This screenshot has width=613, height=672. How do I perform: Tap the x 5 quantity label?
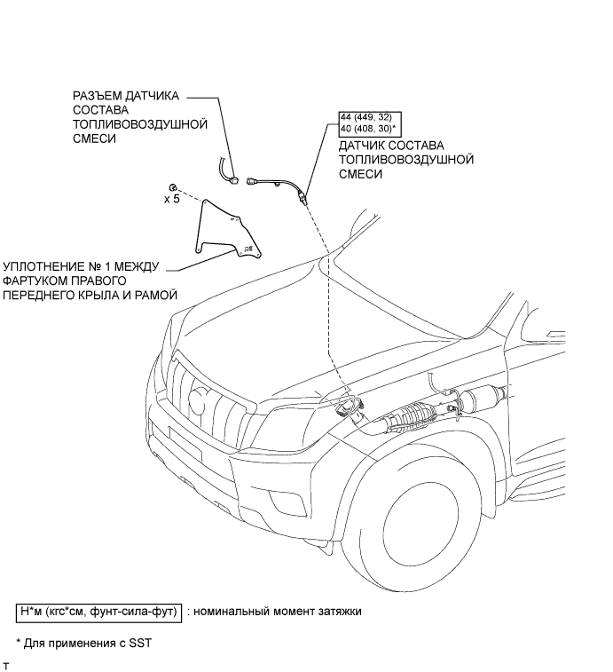(171, 200)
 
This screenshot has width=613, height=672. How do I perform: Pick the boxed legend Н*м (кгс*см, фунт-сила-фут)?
(98, 612)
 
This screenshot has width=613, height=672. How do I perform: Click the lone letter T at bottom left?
(7, 665)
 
